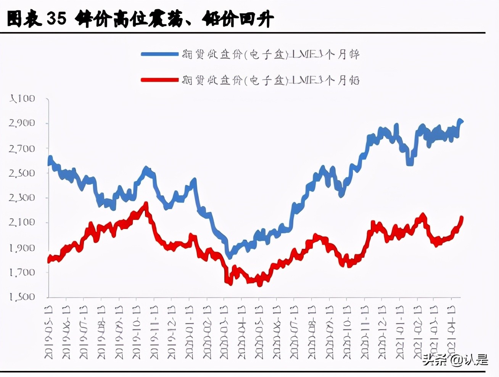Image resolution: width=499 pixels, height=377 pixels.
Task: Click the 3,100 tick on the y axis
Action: (x=22, y=99)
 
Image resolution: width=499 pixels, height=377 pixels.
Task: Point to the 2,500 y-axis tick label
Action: (x=22, y=173)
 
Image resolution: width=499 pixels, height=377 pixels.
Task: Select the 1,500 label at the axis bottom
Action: (x=22, y=297)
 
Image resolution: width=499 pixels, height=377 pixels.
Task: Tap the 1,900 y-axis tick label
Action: (x=22, y=248)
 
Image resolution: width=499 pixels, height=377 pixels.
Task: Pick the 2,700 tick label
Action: (x=22, y=148)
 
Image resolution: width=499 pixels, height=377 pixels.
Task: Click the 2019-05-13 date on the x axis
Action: (x=49, y=332)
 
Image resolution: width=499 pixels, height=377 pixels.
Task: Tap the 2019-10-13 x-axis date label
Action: (x=137, y=332)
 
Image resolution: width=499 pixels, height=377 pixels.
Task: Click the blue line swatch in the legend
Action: (x=159, y=54)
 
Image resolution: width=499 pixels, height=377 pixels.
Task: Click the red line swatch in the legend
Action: (x=159, y=80)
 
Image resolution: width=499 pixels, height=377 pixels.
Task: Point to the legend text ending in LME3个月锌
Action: (x=270, y=55)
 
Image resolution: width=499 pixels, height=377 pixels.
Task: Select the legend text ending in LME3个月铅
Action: (x=270, y=80)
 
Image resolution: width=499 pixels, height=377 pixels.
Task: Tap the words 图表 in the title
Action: (x=24, y=18)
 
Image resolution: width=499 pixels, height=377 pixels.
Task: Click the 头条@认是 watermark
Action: (x=455, y=359)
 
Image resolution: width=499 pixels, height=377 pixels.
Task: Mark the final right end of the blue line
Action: (x=462, y=122)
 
